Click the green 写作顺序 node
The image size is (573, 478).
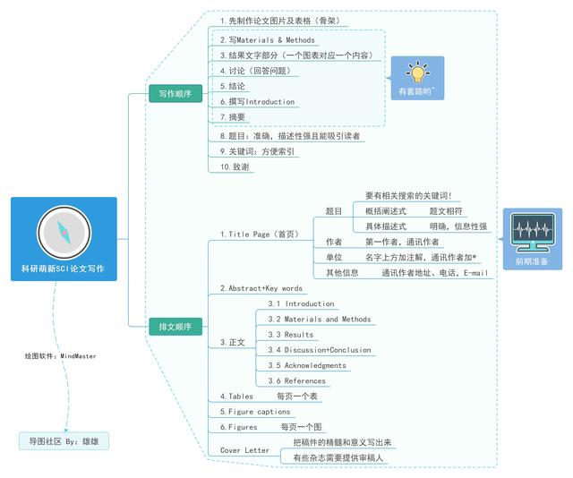pos(175,94)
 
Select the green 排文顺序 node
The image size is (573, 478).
pos(175,327)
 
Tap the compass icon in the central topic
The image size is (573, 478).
pos(64,233)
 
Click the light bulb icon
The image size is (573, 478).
pos(418,72)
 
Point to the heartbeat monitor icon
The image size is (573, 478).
pos(533,233)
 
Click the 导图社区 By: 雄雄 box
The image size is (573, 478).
pos(64,441)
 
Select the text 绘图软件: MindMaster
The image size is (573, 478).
pos(60,356)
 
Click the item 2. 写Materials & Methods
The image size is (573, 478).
pos(268,39)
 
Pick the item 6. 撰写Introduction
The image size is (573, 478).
pos(257,101)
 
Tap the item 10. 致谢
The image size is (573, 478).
pos(235,167)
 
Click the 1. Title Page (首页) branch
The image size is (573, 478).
pos(260,235)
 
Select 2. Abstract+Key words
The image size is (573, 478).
pos(261,288)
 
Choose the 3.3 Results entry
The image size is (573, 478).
pos(290,335)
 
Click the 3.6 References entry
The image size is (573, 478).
pos(296,380)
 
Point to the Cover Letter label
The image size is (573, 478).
pos(244,450)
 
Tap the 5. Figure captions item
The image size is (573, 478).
pos(255,412)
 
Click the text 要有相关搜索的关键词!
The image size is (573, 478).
pos(408,195)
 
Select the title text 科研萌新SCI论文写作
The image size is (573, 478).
pos(63,269)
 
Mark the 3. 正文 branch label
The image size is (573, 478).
pos(233,343)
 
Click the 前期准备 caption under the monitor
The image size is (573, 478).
pos(532,261)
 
